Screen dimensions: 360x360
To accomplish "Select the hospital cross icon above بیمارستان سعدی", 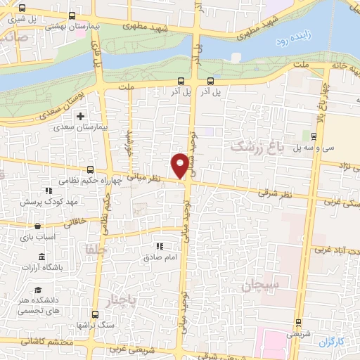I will [81, 116].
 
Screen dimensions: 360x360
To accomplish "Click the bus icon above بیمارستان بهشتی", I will [74, 15].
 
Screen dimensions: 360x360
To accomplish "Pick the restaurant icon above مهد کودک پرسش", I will [48, 191].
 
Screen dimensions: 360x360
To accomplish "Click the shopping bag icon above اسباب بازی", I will [37, 226].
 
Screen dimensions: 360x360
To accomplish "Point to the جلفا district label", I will [95, 249].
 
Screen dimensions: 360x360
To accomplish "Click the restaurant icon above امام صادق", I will [160, 247].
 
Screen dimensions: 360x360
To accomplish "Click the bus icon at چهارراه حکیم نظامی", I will [90, 169].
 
